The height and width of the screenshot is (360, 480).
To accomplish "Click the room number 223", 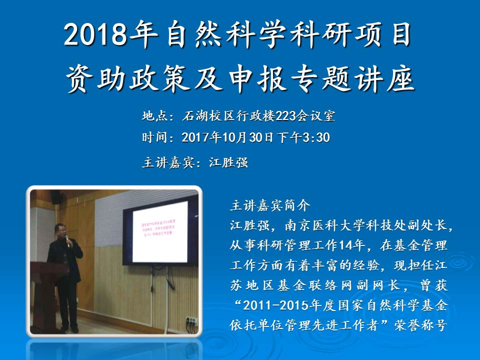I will [x=283, y=116].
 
